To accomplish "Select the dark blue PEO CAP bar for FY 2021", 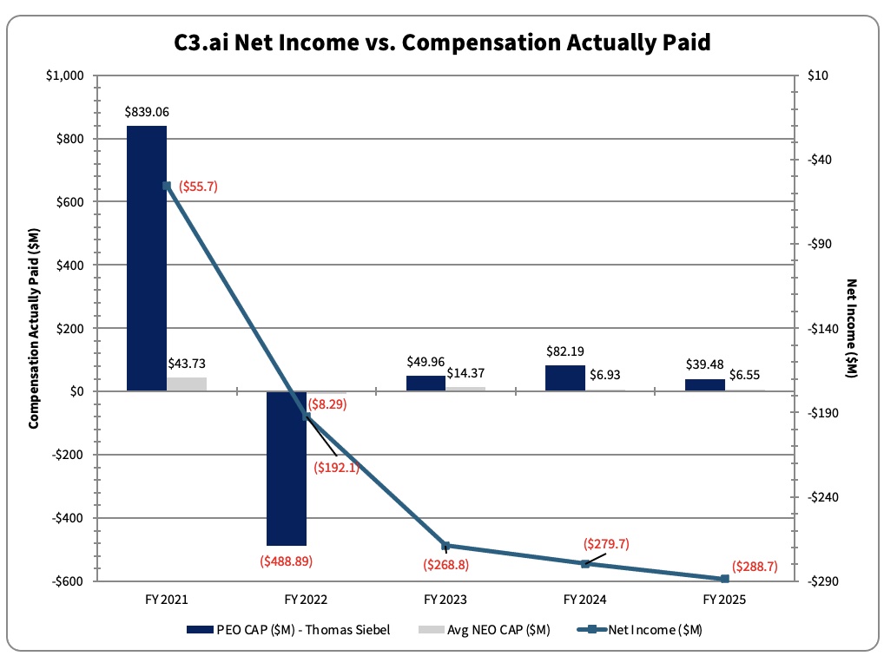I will pyautogui.click(x=147, y=259).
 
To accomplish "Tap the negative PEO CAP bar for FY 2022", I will pyautogui.click(x=287, y=469).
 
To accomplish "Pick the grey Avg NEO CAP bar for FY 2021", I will pyautogui.click(x=187, y=384).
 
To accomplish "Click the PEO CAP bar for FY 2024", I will pyautogui.click(x=565, y=378).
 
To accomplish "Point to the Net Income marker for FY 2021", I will pyautogui.click(x=167, y=186).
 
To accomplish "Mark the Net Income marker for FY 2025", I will pyautogui.click(x=725, y=579).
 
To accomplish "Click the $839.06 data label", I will pyautogui.click(x=147, y=112).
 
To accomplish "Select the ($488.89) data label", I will pyautogui.click(x=286, y=561).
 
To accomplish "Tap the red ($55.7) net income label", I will pyautogui.click(x=199, y=186).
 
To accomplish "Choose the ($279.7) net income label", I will pyautogui.click(x=605, y=544).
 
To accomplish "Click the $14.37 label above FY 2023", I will pyautogui.click(x=465, y=372).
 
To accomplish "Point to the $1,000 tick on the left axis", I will pyautogui.click(x=65, y=75).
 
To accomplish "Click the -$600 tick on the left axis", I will pyautogui.click(x=68, y=581).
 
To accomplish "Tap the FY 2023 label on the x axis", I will pyautogui.click(x=445, y=600).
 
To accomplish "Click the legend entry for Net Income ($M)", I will pyautogui.click(x=665, y=629).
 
